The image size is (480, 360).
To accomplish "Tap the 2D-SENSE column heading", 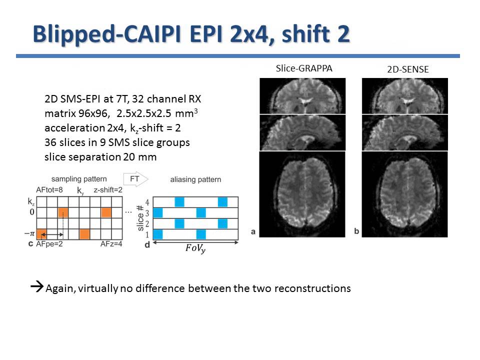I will click(x=407, y=69).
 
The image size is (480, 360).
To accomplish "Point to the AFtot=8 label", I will click(x=49, y=190).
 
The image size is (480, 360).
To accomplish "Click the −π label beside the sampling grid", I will click(x=29, y=233).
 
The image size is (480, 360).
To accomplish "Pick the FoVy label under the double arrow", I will click(x=195, y=249).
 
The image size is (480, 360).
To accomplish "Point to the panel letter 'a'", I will click(x=253, y=231).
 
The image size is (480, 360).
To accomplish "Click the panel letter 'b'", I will click(x=355, y=231).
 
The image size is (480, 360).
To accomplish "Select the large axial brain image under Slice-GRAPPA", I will click(x=302, y=194).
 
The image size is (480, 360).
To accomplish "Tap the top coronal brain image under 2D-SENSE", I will click(x=404, y=96).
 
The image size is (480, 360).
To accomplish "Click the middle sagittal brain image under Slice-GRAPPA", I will click(x=302, y=132).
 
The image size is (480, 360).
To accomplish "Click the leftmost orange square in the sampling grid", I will click(x=42, y=233).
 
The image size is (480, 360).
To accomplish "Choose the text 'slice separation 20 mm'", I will click(x=100, y=157).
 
